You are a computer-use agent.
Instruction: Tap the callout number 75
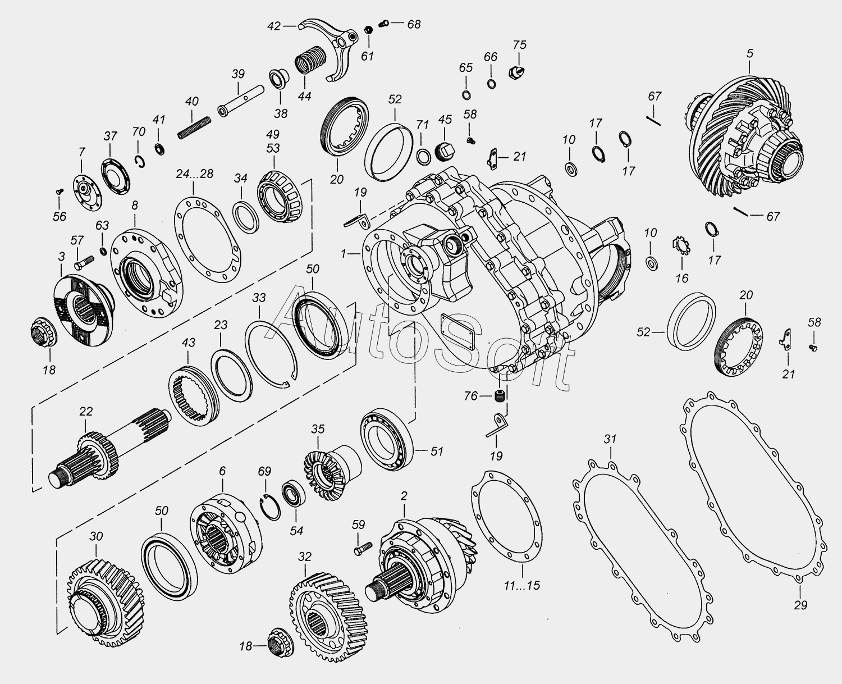[520, 45]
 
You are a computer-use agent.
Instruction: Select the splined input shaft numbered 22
[109, 451]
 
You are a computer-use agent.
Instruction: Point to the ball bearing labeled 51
[387, 439]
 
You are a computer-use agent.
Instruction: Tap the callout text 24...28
[194, 174]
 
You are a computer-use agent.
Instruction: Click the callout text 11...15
[522, 586]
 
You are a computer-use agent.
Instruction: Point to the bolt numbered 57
[84, 263]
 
